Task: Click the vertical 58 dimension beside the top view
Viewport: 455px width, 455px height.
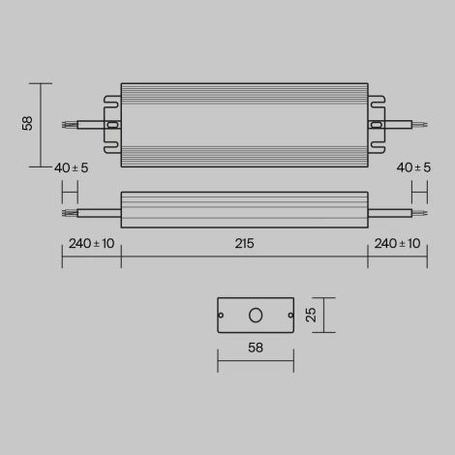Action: click(x=28, y=124)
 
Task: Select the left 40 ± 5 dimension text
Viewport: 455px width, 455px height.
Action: click(x=71, y=167)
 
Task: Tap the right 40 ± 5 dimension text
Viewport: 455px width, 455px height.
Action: click(x=414, y=167)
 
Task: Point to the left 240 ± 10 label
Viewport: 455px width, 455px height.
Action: click(x=91, y=243)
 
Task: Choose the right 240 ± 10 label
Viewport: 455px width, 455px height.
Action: click(x=397, y=243)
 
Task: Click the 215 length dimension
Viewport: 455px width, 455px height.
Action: click(x=244, y=243)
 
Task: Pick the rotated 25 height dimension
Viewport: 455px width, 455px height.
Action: click(x=310, y=315)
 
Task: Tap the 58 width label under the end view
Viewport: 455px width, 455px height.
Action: click(x=256, y=346)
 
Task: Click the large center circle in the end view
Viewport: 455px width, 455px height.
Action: click(x=256, y=315)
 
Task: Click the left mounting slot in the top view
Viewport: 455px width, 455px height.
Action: click(x=111, y=125)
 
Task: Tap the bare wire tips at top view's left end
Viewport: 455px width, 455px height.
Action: click(x=67, y=125)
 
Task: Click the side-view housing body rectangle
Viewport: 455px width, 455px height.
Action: click(x=244, y=209)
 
